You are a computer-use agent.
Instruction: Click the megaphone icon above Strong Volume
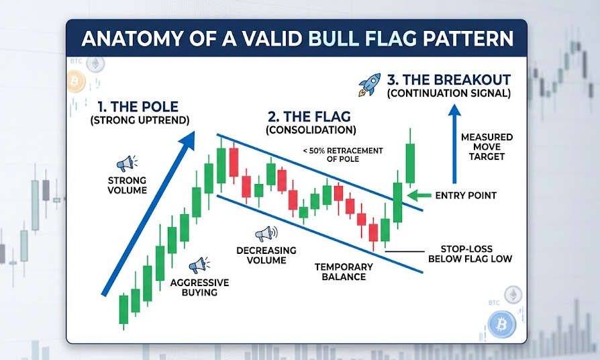(x=126, y=163)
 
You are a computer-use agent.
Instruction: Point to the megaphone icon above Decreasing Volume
(x=264, y=234)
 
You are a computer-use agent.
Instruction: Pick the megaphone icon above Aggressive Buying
(x=199, y=265)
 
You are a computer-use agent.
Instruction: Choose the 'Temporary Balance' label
(x=344, y=271)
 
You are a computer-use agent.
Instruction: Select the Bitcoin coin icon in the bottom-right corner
(x=500, y=326)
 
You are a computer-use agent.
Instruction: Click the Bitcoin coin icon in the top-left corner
(x=76, y=83)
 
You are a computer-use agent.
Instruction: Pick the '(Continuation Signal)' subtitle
(x=448, y=94)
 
